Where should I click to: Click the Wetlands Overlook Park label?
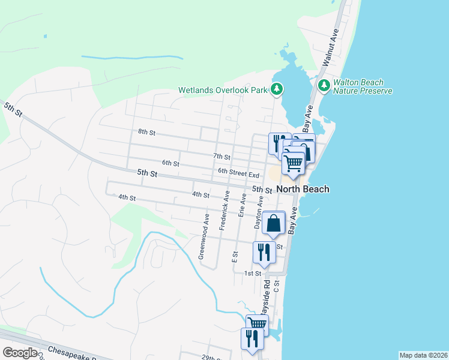(x=222, y=91)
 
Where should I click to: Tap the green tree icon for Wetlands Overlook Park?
(x=276, y=90)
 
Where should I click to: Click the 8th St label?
(x=146, y=132)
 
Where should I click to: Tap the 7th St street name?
(x=221, y=156)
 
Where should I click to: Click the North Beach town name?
(x=303, y=189)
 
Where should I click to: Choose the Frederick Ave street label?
(x=224, y=211)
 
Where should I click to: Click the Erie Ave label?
(x=243, y=206)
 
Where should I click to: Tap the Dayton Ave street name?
(x=259, y=213)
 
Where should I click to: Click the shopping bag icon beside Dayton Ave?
(x=274, y=223)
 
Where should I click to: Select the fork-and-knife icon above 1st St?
(x=264, y=252)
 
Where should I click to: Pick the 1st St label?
(x=252, y=274)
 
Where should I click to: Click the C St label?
(x=277, y=286)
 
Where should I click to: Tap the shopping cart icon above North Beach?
(x=294, y=163)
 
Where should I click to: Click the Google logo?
(x=20, y=353)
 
